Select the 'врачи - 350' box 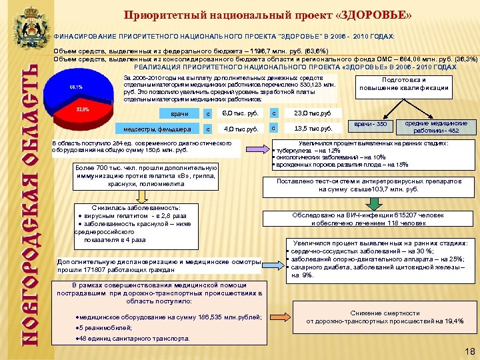(371, 125)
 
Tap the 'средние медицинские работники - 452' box (436, 127)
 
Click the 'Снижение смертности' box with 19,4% (385, 317)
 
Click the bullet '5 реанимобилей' (100, 328)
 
